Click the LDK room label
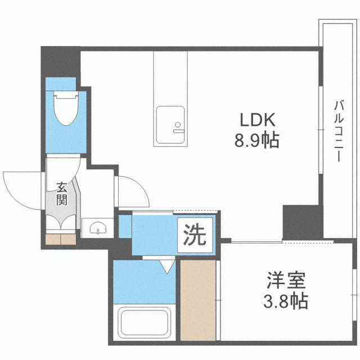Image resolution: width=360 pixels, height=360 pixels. pyautogui.click(x=258, y=120)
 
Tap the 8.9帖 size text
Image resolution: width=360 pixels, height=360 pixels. pyautogui.click(x=256, y=140)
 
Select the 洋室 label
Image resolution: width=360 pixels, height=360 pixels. pyautogui.click(x=286, y=280)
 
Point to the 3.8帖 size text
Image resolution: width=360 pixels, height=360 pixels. pyautogui.click(x=285, y=301)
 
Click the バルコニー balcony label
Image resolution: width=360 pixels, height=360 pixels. pyautogui.click(x=339, y=131)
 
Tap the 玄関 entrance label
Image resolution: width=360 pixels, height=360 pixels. pyautogui.click(x=62, y=193)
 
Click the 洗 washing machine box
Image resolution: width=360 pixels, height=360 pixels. pyautogui.click(x=195, y=235)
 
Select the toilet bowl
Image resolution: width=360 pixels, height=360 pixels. pyautogui.click(x=66, y=109)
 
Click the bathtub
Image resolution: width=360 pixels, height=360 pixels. pyautogui.click(x=144, y=322)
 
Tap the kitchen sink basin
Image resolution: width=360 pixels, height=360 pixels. pyautogui.click(x=170, y=125)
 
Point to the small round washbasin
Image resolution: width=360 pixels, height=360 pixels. pyautogui.click(x=98, y=228)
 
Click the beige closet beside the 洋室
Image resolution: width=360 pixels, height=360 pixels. pyautogui.click(x=198, y=300)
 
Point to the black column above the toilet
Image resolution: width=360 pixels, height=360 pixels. pyautogui.click(x=61, y=62)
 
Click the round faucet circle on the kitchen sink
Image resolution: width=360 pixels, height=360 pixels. pyautogui.click(x=178, y=125)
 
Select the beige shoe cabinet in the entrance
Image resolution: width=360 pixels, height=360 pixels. pyautogui.click(x=61, y=239)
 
